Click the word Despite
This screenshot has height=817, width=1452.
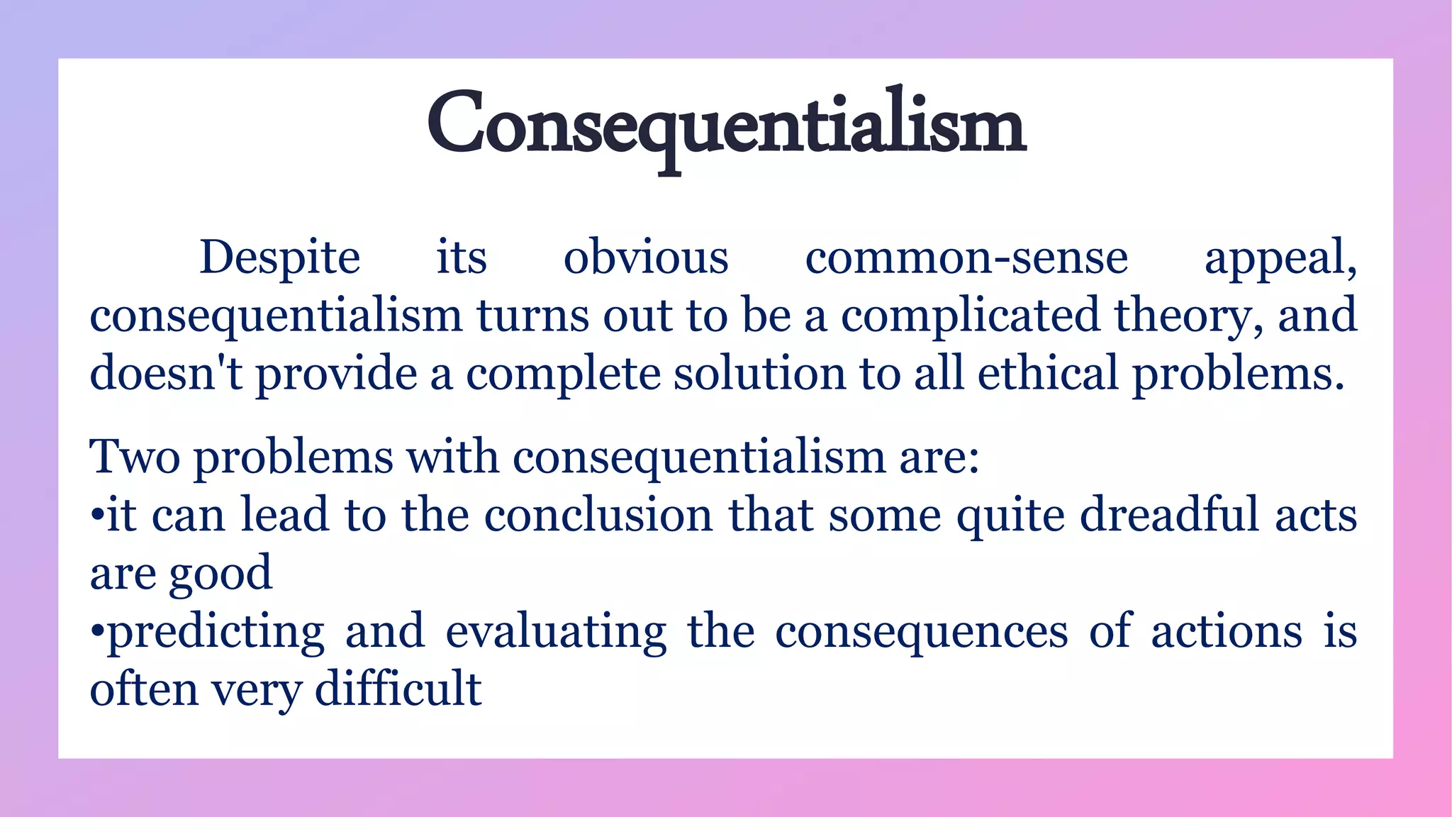tap(280, 257)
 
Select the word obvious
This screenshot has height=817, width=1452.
tap(646, 257)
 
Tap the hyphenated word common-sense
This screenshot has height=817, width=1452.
tap(966, 257)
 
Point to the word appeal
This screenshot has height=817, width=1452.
tap(1279, 257)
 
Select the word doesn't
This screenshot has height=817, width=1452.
tap(166, 373)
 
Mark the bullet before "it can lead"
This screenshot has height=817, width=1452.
tap(97, 516)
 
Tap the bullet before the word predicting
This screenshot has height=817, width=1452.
tap(97, 632)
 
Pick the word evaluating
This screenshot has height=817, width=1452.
tap(556, 631)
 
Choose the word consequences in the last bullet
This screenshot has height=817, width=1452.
tap(921, 631)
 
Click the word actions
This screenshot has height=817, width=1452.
tap(1227, 631)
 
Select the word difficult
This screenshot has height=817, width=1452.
tap(398, 689)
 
